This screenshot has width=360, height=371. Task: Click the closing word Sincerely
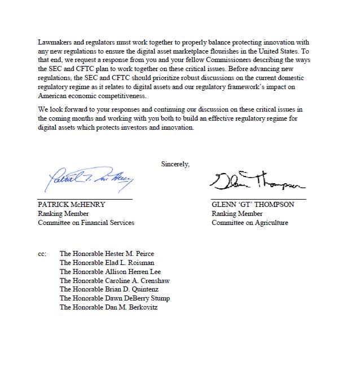pos(175,165)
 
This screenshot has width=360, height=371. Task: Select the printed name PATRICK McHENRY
pos(71,205)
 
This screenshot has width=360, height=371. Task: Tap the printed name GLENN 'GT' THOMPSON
pos(253,205)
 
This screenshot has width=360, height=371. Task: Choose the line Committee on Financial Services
pos(86,223)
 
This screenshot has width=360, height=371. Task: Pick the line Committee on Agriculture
pos(249,223)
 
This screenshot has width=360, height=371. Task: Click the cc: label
pos(42,254)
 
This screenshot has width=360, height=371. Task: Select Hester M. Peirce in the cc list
pos(107,254)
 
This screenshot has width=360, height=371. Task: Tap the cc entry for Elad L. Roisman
pos(107,263)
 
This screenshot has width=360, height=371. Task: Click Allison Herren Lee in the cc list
pos(110,272)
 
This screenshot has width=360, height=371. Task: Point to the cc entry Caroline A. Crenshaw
pos(115,280)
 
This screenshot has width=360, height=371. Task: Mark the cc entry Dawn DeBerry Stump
pos(115,298)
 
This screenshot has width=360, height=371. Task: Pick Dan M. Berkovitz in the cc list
pos(109,307)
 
